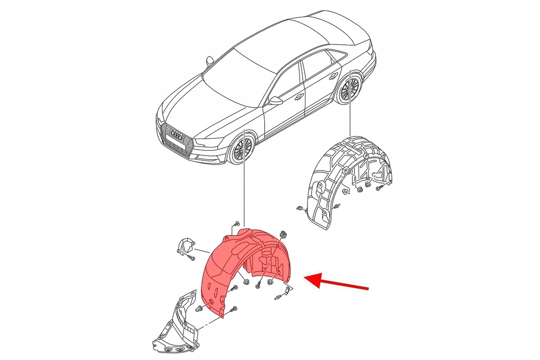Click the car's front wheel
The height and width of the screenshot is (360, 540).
tap(242, 149)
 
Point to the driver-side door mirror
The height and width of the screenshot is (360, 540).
tap(275, 100)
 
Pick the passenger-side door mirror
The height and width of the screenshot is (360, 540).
tap(209, 61)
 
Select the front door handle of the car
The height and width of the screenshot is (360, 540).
tap(299, 96)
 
